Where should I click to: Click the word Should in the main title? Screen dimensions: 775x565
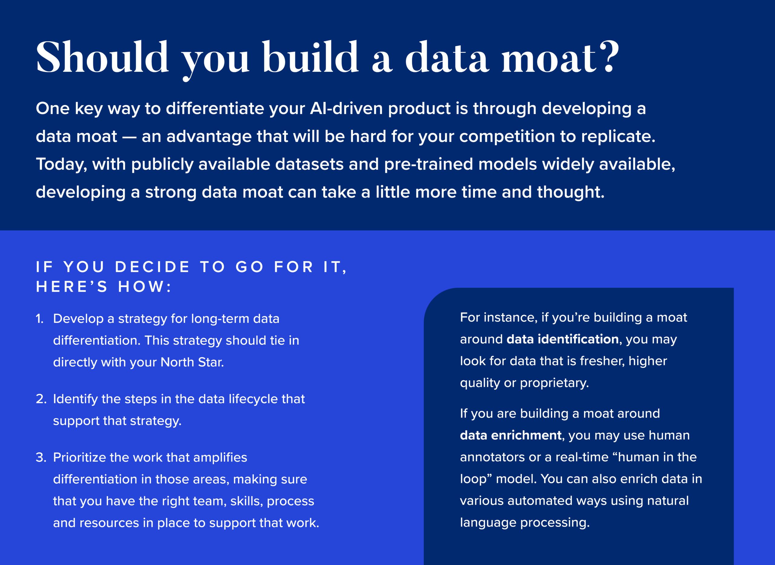102,57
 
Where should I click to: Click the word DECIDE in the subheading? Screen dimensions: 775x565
152,267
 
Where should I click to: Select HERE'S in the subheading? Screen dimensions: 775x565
72,287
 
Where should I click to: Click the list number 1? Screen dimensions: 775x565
39,319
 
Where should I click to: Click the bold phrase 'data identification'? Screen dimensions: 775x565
562,339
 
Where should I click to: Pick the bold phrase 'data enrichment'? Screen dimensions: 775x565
510,435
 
